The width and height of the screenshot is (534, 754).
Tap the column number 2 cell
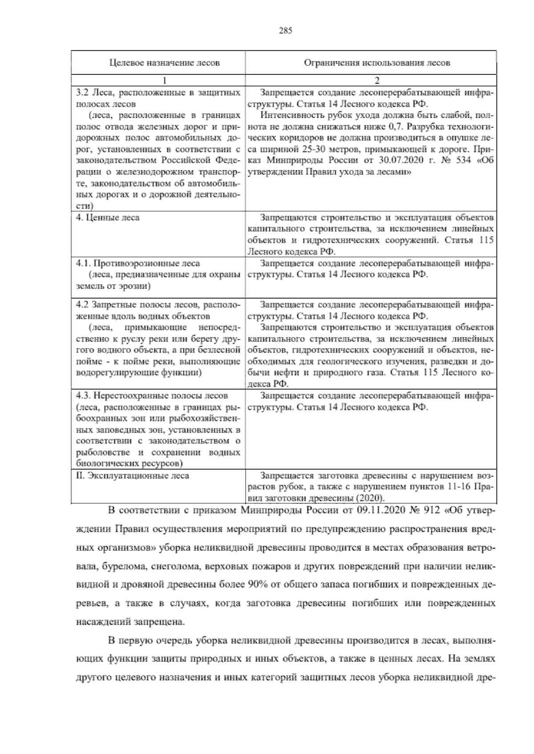click(376, 81)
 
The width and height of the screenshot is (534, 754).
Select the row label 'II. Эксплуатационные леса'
click(133, 476)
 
